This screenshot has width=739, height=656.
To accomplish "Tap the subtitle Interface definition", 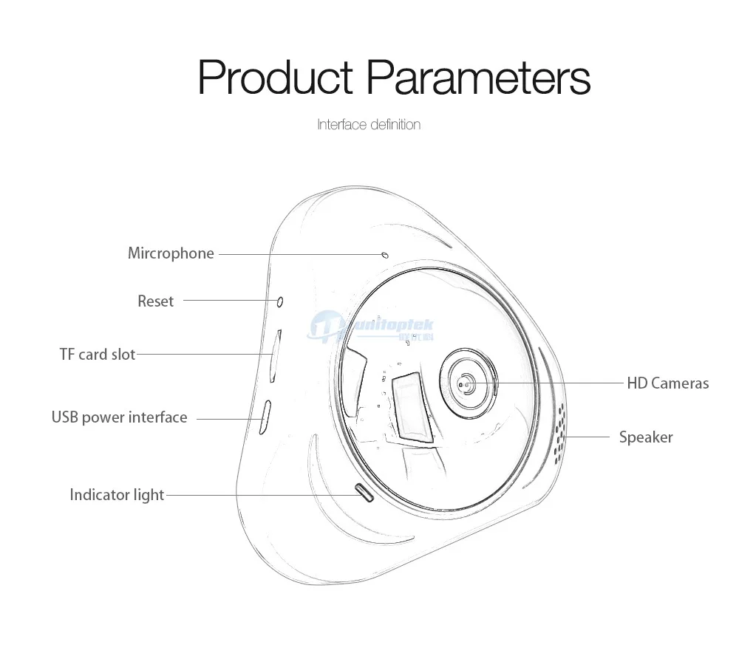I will click(x=369, y=124).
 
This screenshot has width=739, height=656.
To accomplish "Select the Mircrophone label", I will click(x=171, y=253).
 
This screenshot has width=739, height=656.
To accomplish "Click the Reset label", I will click(x=155, y=301).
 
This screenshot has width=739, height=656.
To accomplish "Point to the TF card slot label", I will click(x=98, y=355).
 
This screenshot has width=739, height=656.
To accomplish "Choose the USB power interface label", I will click(x=119, y=417).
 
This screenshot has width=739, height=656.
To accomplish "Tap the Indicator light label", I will click(x=117, y=495).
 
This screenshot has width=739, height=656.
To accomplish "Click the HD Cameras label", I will click(x=667, y=383).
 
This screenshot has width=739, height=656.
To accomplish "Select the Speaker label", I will click(x=646, y=437).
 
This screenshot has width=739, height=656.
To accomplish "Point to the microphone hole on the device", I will click(x=384, y=254).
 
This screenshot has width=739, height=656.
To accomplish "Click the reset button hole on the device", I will click(x=280, y=301).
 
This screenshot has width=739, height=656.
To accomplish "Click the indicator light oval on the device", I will click(x=364, y=491).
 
